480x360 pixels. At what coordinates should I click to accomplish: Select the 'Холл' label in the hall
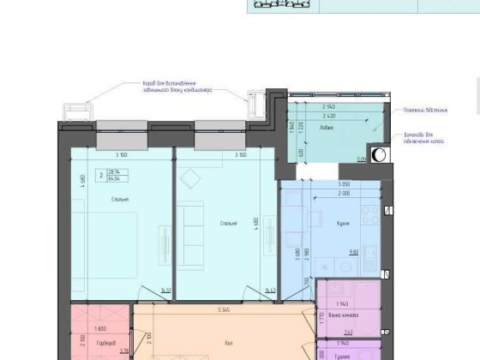coord(228,344)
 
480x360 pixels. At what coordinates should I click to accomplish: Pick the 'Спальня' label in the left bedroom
coord(119,200)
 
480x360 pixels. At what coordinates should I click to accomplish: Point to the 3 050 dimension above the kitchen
coord(322,184)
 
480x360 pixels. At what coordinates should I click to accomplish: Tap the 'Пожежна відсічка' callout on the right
coord(436,111)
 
